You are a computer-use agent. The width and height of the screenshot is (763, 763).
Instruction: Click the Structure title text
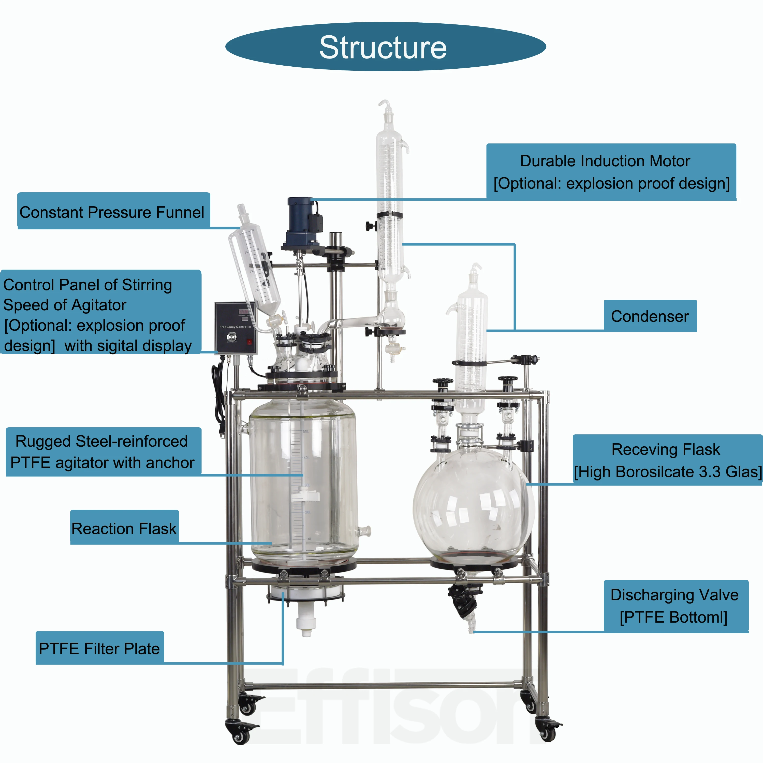383,47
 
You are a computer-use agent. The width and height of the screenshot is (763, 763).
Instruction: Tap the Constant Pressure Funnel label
112,212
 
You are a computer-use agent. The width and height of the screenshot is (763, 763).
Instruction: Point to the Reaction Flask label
124,529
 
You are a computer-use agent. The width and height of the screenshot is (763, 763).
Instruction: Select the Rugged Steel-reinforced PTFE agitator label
103,452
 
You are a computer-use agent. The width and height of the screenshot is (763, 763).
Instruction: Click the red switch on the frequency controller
249,342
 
